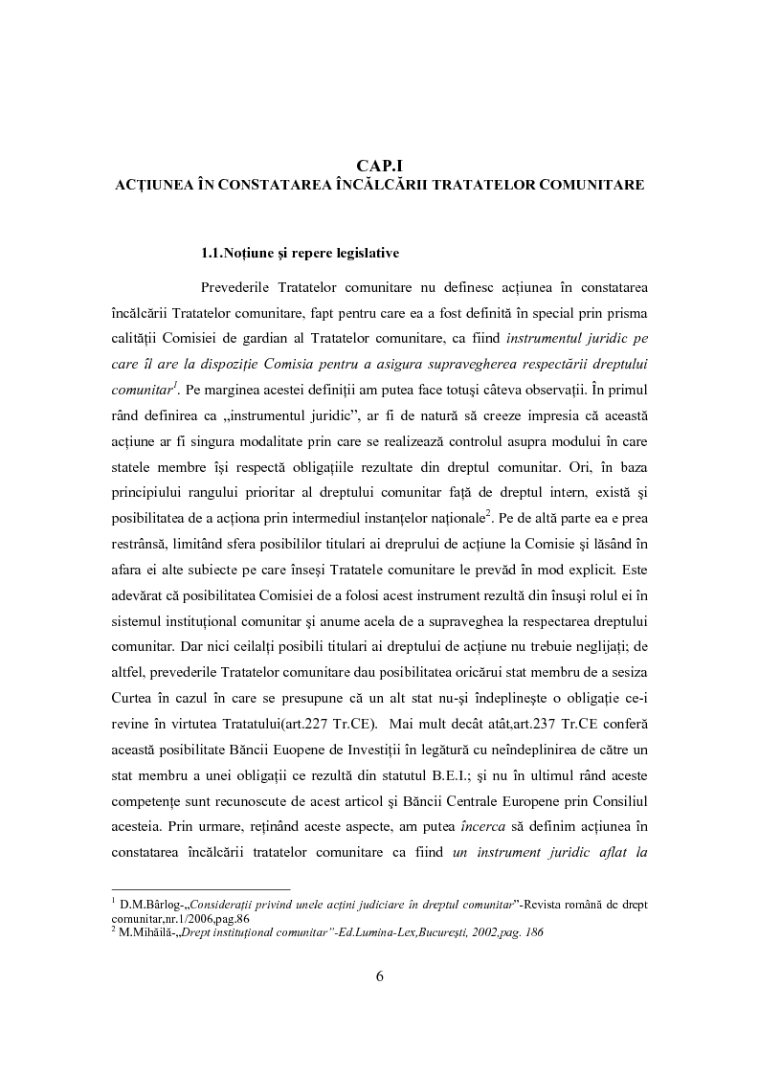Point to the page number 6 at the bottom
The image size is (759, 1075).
tap(379, 976)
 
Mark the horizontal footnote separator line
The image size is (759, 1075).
tap(200, 888)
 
